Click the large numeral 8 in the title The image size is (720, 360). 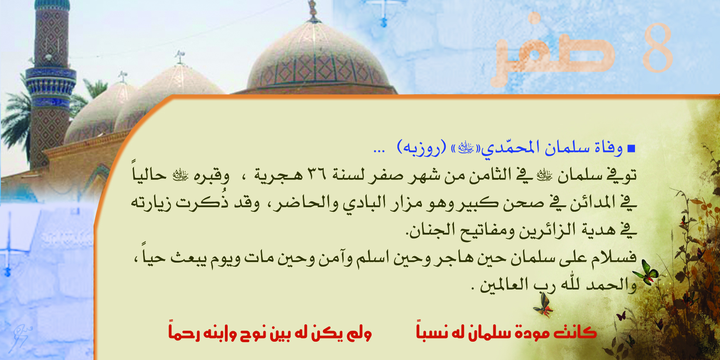[658, 48]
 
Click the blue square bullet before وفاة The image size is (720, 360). [631, 149]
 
